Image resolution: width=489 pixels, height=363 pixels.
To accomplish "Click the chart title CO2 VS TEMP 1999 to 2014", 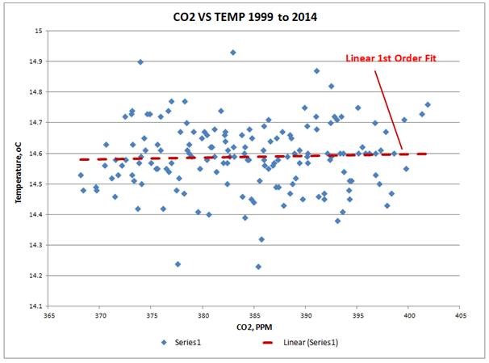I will (x=244, y=15).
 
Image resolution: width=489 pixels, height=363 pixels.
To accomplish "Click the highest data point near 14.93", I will (x=233, y=53).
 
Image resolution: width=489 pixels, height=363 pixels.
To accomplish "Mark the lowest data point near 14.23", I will (x=258, y=267).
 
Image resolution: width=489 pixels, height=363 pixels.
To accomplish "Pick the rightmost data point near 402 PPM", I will (x=428, y=104).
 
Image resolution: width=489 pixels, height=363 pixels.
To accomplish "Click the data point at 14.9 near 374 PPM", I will (x=140, y=61).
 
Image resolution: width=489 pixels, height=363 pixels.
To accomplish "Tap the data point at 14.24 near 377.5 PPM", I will (x=178, y=264).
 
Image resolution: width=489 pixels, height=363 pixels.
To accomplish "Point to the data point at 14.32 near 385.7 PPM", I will (x=261, y=239).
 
